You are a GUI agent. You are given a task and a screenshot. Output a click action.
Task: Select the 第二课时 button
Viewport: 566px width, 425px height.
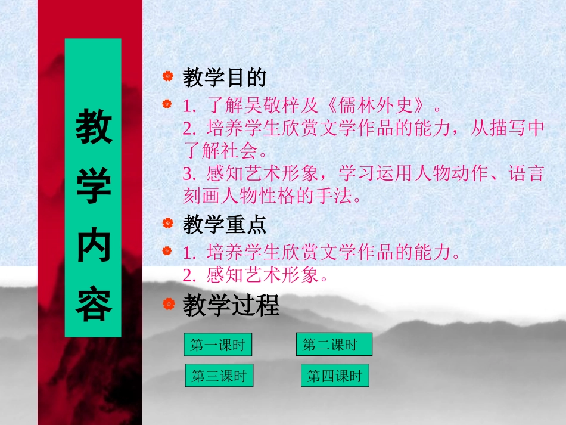pos(334,344)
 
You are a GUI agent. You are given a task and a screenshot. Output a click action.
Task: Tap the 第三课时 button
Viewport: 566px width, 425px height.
pos(219,376)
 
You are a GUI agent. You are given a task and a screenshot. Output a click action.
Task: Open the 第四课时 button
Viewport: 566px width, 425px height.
pos(335,376)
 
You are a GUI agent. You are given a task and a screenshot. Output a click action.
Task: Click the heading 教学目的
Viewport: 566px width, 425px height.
pos(224,77)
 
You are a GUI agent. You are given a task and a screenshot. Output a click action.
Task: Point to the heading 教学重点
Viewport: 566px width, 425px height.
pos(224,225)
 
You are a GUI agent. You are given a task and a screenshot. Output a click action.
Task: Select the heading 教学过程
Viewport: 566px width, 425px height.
pos(231,306)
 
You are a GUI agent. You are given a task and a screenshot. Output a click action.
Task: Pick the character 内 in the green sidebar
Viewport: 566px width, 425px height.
pos(93,246)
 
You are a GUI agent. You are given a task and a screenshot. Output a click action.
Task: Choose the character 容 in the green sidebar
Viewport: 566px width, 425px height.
pos(93,305)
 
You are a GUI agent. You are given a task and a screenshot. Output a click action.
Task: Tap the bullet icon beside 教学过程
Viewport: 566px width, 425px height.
pos(169,305)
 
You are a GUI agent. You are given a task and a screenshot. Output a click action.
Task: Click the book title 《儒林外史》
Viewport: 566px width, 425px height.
pos(378,107)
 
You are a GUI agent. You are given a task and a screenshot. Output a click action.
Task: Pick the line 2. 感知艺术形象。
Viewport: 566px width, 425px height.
pos(256,275)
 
